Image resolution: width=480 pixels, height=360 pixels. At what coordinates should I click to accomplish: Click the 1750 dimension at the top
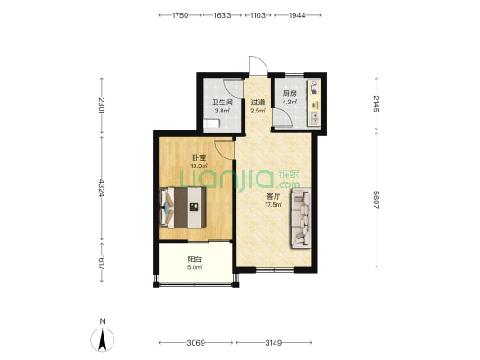coord(180,15)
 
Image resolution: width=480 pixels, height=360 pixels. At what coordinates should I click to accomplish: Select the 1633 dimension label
coord(222,15)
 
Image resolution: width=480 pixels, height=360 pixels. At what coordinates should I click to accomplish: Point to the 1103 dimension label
coord(258,15)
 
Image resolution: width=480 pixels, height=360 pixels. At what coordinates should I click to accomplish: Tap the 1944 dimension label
coord(297,15)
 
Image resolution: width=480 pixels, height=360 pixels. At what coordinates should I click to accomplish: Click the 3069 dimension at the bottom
coord(196,343)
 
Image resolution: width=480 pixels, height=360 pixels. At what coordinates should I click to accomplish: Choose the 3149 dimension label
coord(274,343)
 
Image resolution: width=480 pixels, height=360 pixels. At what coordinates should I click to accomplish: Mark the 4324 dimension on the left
coord(102,188)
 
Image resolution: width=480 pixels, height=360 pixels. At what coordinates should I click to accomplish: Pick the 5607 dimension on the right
coord(376,200)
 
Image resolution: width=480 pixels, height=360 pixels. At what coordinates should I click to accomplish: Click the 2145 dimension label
coord(376,103)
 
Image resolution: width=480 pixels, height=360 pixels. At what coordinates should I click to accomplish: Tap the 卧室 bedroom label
coord(199,158)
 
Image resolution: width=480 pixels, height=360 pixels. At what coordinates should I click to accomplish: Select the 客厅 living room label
coord(273,196)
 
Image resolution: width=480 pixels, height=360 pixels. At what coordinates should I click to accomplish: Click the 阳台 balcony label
coord(195,259)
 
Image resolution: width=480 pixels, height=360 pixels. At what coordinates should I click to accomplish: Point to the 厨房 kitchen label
coord(290,94)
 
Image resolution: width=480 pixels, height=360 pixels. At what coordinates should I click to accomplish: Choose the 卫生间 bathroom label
coord(222,103)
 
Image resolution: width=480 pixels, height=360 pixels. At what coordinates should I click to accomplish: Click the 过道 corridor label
coord(258,103)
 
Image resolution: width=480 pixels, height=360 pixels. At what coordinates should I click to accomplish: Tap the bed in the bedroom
coord(183,207)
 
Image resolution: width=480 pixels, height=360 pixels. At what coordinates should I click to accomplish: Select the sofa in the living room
coord(301,219)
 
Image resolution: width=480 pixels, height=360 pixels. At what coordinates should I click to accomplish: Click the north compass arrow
coord(103,340)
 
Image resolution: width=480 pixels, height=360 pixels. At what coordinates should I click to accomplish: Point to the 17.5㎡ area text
coord(273,204)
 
